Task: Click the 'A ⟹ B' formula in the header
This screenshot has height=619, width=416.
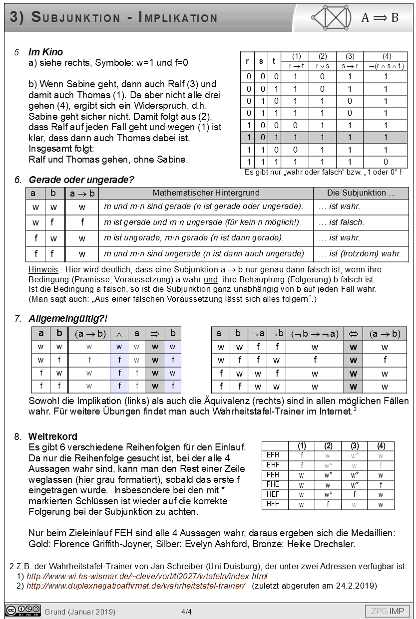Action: click(x=380, y=18)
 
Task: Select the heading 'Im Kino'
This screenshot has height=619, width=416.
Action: click(x=45, y=52)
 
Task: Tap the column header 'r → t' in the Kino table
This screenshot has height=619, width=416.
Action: click(x=296, y=66)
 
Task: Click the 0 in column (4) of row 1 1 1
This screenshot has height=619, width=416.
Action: click(x=386, y=162)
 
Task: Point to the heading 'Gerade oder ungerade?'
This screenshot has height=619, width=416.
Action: click(x=81, y=180)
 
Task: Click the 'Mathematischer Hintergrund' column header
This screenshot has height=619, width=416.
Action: click(x=206, y=193)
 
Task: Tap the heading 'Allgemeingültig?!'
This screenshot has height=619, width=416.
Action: click(x=68, y=318)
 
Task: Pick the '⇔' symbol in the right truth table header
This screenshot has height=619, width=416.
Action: click(x=353, y=334)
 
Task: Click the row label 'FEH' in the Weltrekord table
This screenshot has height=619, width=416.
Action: click(x=273, y=475)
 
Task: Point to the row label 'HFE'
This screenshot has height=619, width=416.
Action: click(x=273, y=504)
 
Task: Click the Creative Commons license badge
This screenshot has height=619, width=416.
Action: click(x=22, y=611)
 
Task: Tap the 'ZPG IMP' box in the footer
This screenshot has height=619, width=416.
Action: click(x=388, y=611)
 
